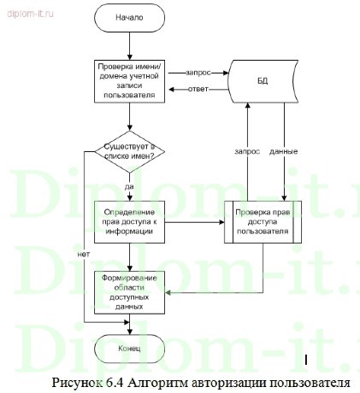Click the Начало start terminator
coord(128,17)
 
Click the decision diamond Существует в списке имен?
coord(128,153)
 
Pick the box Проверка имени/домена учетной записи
coord(128,80)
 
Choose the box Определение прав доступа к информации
coord(128,221)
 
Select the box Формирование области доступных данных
coord(128,291)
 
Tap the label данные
coord(283,151)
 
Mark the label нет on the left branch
coord(83,254)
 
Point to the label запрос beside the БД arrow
coord(198,72)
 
